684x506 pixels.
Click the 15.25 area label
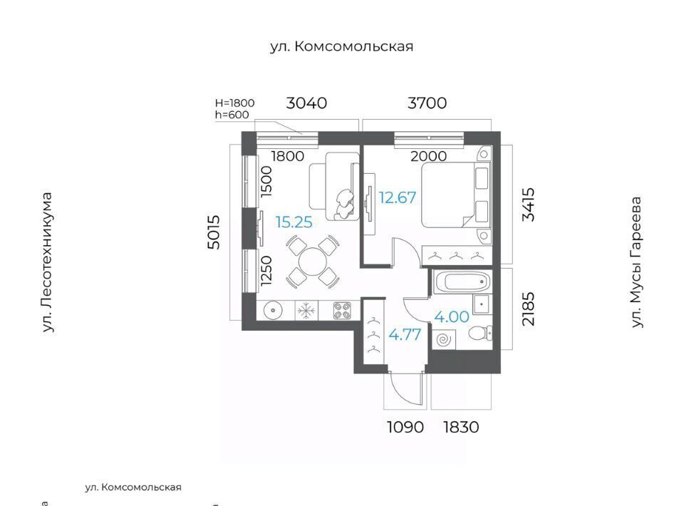coord(294,222)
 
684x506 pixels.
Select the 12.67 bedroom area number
coord(398,197)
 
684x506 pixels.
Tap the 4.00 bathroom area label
coord(452,316)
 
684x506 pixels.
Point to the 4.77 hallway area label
coord(405,335)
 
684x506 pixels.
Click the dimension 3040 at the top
coord(306,103)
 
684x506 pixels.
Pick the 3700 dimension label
coord(427,103)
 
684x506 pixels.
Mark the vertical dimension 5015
coord(214,232)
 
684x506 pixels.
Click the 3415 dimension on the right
coord(528,205)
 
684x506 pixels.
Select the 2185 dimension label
coord(528,309)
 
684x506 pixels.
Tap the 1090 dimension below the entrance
coord(405,427)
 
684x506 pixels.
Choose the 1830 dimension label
coord(461,427)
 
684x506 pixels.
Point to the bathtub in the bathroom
coord(462,282)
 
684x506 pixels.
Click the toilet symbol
coord(480,334)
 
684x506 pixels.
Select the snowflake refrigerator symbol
coord(306,311)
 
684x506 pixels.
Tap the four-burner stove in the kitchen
coord(343,311)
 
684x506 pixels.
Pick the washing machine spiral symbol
coord(445,339)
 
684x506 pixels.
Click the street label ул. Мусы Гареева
coord(637,262)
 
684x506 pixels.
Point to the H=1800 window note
coord(234,103)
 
